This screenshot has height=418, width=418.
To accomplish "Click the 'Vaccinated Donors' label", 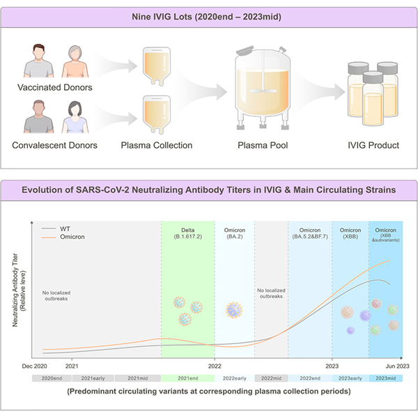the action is tap(54, 88).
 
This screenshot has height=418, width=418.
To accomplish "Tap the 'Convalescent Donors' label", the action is tap(54, 146).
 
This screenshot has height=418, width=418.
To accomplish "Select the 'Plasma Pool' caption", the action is tap(263, 146).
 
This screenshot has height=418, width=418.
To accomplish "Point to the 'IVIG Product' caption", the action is tap(373, 146).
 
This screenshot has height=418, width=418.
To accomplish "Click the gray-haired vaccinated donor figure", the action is tap(75, 61).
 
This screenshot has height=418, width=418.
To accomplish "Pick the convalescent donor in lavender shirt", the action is tap(75, 117).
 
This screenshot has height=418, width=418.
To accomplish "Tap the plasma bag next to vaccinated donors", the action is tap(157, 66).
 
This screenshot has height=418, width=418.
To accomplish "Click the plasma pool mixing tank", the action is tap(263, 88).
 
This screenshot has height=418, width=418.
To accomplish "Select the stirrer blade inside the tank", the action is tap(263, 91).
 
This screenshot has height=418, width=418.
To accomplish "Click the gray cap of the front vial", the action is tap(373, 77).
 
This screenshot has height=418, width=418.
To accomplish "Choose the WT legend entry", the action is tap(56, 229).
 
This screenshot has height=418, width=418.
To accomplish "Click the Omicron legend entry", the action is tap(63, 237).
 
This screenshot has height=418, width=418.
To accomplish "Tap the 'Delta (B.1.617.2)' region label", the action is tap(188, 233).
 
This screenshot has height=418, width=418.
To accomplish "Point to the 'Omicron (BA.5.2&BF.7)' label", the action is tap(310, 233).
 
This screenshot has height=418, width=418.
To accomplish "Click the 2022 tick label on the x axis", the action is tap(215, 366).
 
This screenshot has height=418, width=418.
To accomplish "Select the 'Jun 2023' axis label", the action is tap(397, 366).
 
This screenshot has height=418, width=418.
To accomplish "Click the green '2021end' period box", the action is tap(188, 378).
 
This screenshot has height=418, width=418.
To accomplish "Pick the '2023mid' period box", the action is tap(386, 378).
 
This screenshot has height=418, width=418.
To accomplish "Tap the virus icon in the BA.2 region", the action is tap(234, 310).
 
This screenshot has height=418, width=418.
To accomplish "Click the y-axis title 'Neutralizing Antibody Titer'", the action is tap(15, 290).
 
